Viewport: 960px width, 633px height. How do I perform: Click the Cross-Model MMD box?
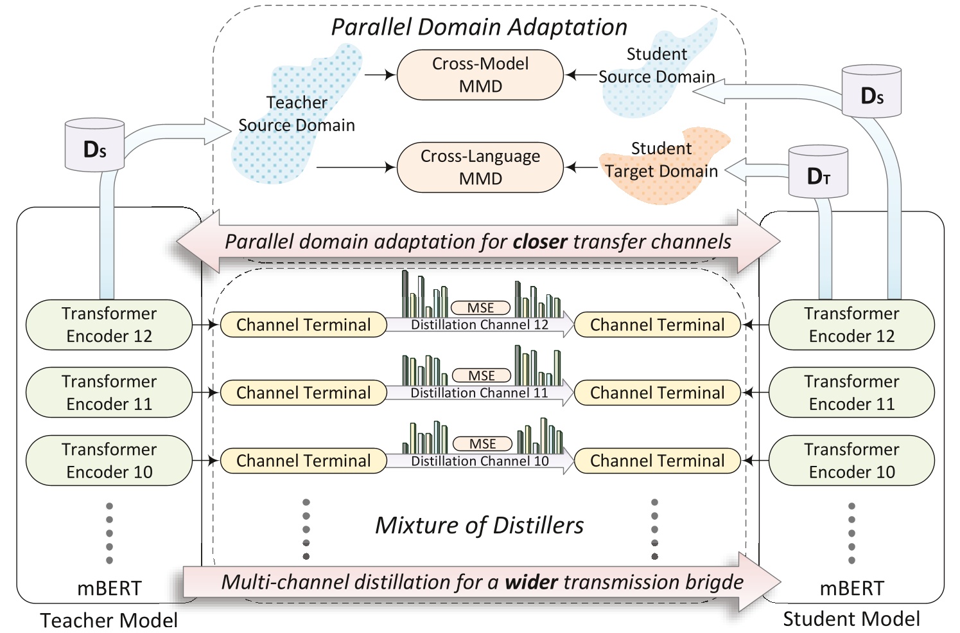coord(480,75)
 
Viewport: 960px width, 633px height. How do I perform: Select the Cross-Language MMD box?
coord(480,167)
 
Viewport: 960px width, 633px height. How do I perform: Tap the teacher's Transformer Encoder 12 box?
coord(109,325)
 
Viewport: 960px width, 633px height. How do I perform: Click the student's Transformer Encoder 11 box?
coord(851,393)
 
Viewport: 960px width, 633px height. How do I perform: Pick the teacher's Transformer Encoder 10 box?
coord(109,460)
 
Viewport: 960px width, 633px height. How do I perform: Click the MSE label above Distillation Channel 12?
coord(480,308)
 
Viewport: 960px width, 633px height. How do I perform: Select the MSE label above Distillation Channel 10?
coord(482,443)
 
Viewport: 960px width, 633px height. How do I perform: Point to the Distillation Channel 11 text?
coord(479,393)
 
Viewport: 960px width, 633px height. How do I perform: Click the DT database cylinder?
coord(818,172)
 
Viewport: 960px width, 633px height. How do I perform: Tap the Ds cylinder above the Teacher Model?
coord(94,146)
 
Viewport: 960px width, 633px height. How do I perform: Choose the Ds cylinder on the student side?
coord(871,92)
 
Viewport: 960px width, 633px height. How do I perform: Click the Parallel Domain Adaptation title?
coord(479,27)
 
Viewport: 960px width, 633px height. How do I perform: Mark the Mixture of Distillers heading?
coord(479,526)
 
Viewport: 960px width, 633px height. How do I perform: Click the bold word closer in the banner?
coord(539,242)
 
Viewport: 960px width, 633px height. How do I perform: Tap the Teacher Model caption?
coord(109,620)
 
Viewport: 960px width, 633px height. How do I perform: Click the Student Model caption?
coord(851,619)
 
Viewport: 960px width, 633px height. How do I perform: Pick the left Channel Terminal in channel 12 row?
coord(303,325)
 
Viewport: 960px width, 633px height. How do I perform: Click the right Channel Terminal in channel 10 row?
coord(657,461)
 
